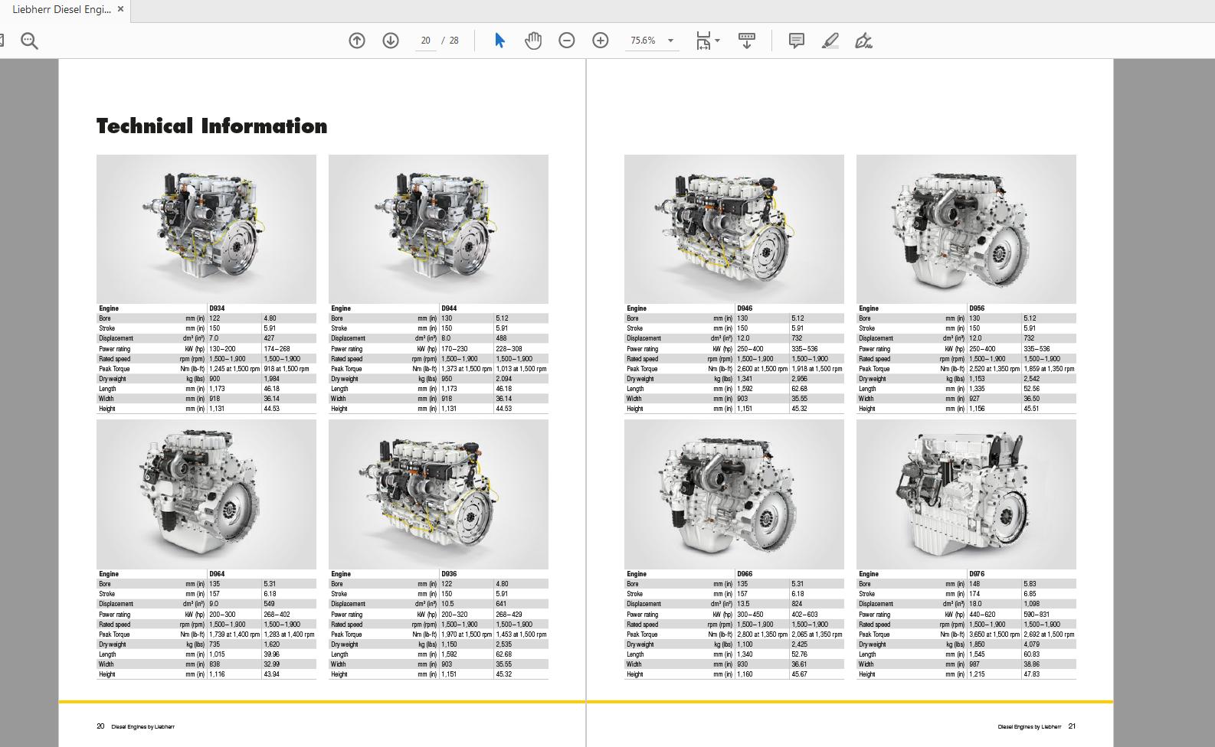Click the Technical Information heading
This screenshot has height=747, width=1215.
[211, 126]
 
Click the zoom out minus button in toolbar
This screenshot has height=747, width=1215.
[567, 41]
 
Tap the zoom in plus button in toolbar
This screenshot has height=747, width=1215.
[601, 41]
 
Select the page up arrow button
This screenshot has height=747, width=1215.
[357, 41]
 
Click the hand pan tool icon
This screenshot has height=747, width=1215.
[533, 41]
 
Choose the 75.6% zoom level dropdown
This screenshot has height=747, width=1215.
[652, 41]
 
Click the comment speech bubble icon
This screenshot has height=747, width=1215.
[797, 41]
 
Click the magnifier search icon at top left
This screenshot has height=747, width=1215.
[29, 41]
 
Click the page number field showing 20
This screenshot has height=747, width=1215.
[426, 41]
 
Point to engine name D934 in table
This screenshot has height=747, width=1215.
[218, 308]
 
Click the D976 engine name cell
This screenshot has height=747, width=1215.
[977, 574]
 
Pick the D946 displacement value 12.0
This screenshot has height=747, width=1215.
[744, 338]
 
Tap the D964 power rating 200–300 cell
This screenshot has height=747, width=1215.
[223, 615]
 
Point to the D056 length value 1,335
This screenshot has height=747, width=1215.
[977, 389]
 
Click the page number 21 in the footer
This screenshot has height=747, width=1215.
[1072, 726]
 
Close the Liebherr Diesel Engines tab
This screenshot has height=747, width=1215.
[120, 9]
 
